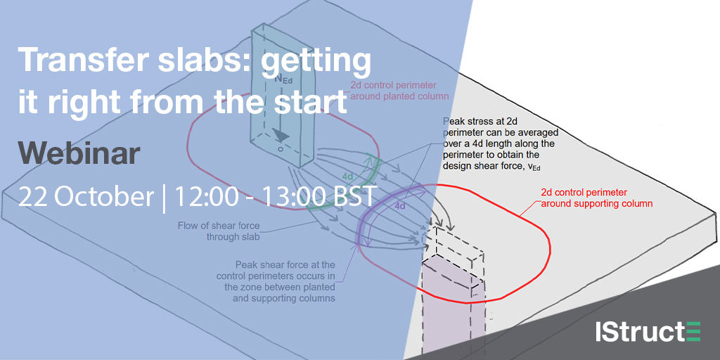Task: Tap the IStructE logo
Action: tap(648, 332)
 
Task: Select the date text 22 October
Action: tap(86, 197)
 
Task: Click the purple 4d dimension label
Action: tap(400, 206)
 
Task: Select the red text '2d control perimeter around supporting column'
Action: tap(597, 197)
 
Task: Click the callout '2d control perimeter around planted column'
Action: tap(399, 91)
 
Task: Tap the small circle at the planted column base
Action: tap(281, 150)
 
